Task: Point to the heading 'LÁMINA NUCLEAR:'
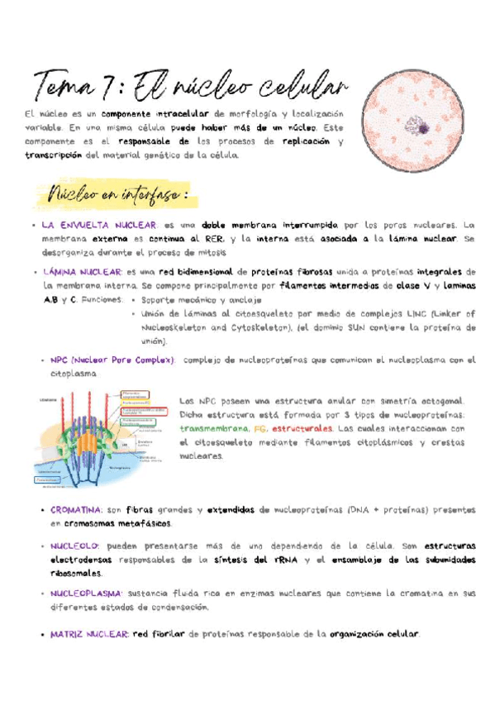79,271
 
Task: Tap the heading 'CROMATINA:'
76,510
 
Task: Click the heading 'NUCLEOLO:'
74,546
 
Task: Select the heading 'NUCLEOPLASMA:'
86,594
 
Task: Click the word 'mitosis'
210,252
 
